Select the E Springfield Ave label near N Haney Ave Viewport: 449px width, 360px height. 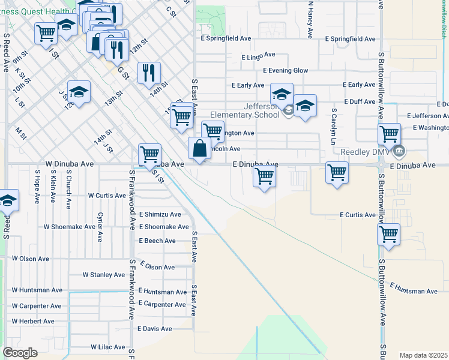[x=350, y=38]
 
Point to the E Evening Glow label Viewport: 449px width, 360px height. [x=286, y=70]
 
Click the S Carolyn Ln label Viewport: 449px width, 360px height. [x=333, y=127]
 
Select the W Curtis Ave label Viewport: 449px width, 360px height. [x=107, y=196]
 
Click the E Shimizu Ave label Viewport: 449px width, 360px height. [x=160, y=214]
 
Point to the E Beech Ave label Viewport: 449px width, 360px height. [x=157, y=241]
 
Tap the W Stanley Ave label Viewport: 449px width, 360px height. [x=104, y=275]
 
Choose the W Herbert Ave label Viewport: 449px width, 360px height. [x=33, y=322]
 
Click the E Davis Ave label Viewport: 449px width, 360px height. [x=155, y=328]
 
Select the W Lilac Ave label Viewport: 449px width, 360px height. [x=108, y=347]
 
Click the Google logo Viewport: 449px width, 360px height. [x=20, y=353]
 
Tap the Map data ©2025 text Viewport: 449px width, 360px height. [x=423, y=355]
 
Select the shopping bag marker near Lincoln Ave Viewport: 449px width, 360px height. [x=199, y=148]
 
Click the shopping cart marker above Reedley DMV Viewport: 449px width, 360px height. [x=389, y=133]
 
